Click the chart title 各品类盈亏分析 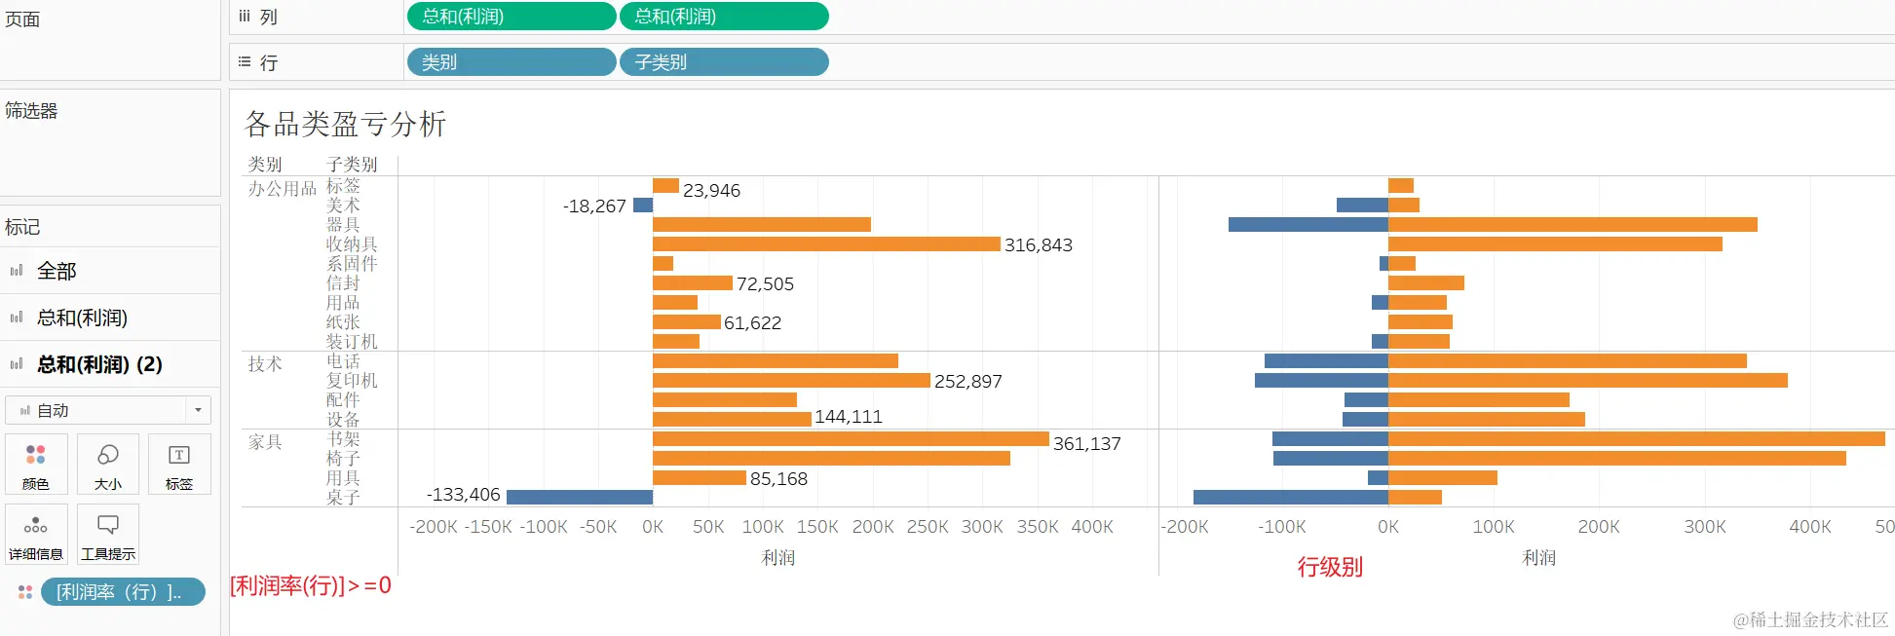click(345, 124)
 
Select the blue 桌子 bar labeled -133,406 click(579, 497)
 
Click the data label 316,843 click(1038, 245)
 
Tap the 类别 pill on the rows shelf click(511, 62)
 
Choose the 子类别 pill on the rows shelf click(724, 62)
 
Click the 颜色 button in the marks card click(36, 465)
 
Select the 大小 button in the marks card click(108, 465)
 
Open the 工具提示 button click(108, 535)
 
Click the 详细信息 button click(36, 535)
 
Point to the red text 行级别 click(1329, 567)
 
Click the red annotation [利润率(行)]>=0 click(310, 585)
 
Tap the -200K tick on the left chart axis click(434, 527)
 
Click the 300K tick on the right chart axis click(1704, 527)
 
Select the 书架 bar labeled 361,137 click(850, 439)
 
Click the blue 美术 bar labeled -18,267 click(643, 206)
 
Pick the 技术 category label click(265, 364)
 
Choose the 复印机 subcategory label click(352, 381)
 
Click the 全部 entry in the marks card click(57, 271)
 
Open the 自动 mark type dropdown click(107, 411)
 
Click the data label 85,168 click(778, 479)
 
